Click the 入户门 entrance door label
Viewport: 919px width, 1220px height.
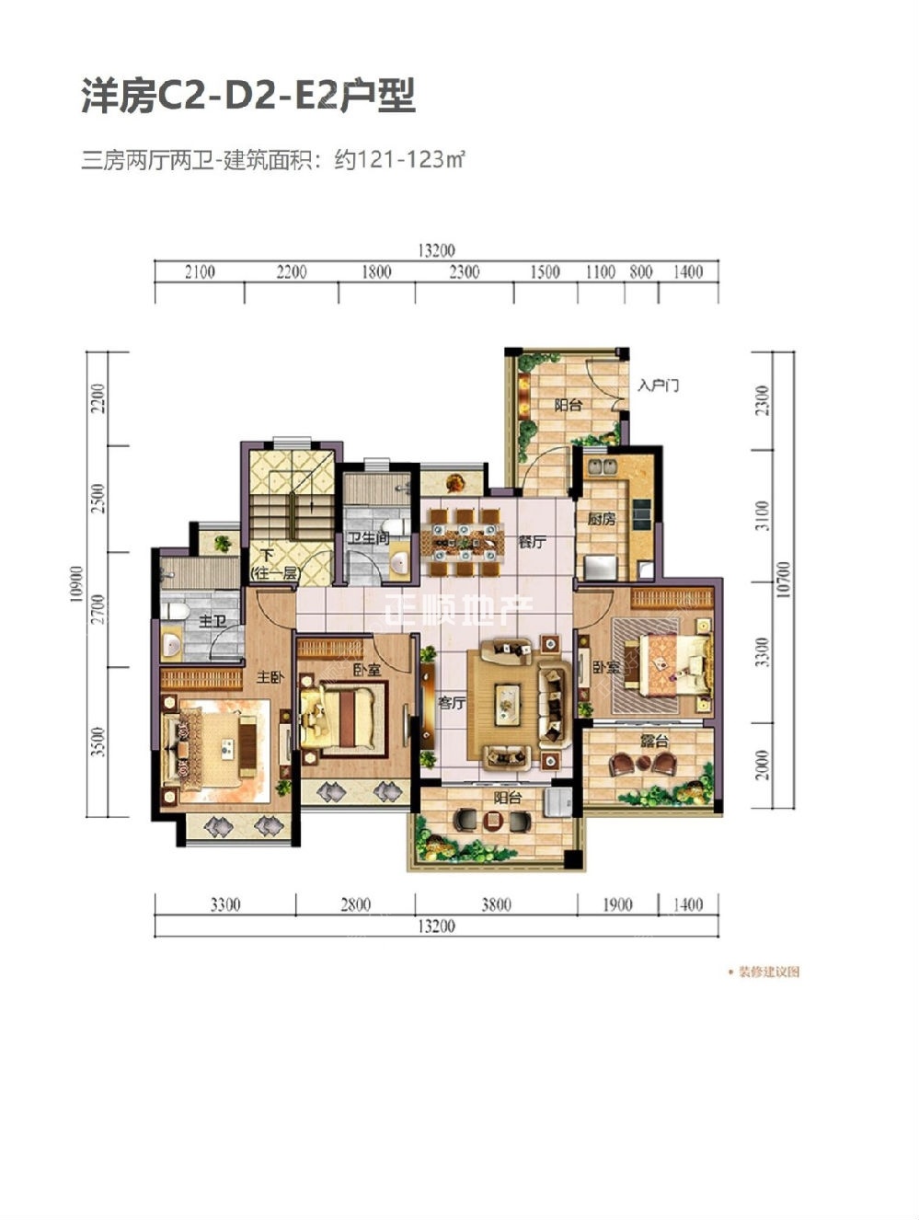[658, 385]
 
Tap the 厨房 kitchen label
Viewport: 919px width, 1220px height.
[602, 519]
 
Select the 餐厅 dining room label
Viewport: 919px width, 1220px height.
[531, 542]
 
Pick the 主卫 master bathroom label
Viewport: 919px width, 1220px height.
[213, 622]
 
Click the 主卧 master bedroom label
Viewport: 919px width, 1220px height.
[270, 677]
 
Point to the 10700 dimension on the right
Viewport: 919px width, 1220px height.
[782, 580]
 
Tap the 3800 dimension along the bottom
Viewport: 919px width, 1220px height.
[495, 904]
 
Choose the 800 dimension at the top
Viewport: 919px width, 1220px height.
[641, 271]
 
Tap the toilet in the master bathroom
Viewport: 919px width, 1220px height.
[175, 611]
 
